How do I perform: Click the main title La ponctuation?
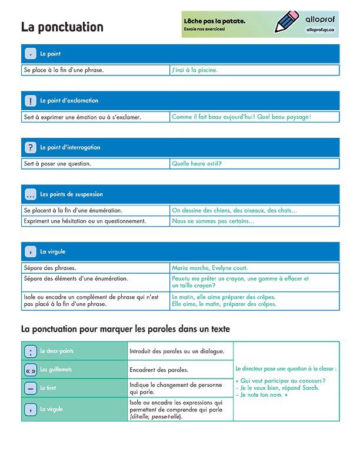tap(62, 27)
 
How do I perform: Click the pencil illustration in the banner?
tap(287, 22)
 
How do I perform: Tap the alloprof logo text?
tap(321, 18)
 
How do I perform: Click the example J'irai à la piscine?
tap(195, 70)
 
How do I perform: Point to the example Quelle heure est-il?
tap(196, 164)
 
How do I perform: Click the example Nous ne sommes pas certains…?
tap(213, 221)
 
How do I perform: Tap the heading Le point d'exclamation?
tap(69, 101)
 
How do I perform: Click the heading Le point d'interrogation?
tap(70, 147)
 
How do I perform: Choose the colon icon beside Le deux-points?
tap(31, 351)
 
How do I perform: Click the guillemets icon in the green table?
tap(31, 370)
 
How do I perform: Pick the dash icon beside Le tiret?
tap(31, 388)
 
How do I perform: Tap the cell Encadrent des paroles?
tap(159, 370)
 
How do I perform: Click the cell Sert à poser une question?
tap(58, 164)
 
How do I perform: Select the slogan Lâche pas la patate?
tap(215, 21)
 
